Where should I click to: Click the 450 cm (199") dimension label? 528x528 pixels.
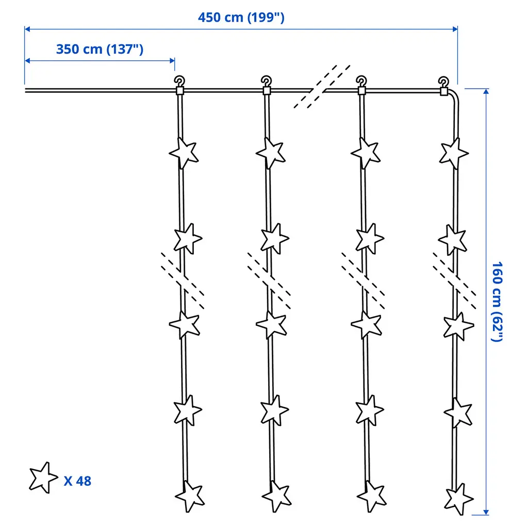[x=241, y=18]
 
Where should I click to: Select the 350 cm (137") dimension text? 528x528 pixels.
[x=100, y=49]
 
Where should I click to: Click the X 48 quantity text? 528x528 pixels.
[x=77, y=481]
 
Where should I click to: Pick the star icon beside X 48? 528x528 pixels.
[x=43, y=478]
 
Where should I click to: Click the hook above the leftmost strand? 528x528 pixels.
[x=179, y=81]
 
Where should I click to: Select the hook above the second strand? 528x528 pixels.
[x=267, y=81]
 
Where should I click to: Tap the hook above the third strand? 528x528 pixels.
[x=361, y=81]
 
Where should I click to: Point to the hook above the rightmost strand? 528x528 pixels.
[x=443, y=82]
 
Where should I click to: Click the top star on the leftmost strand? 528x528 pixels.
[x=184, y=153]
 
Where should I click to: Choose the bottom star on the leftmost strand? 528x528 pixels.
[x=190, y=497]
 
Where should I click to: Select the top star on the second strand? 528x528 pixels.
[x=271, y=153]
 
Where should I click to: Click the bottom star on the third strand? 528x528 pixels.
[x=372, y=497]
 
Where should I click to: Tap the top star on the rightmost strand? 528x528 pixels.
[x=454, y=154]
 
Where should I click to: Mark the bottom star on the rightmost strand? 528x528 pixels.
[x=458, y=499]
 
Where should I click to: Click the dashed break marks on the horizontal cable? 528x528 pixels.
[x=322, y=87]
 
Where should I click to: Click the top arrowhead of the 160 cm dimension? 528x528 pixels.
[x=486, y=91]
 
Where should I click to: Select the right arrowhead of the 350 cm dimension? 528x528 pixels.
[x=172, y=61]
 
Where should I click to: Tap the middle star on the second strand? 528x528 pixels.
[x=271, y=325]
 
